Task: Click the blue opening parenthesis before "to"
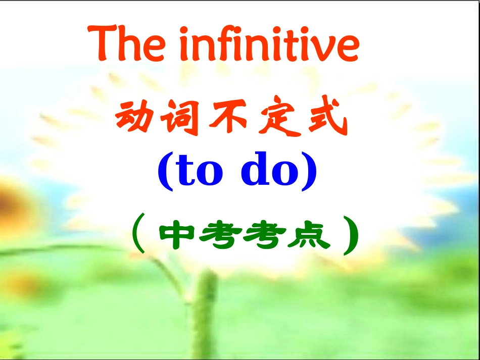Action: click(x=166, y=171)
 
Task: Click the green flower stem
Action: click(x=208, y=313)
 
